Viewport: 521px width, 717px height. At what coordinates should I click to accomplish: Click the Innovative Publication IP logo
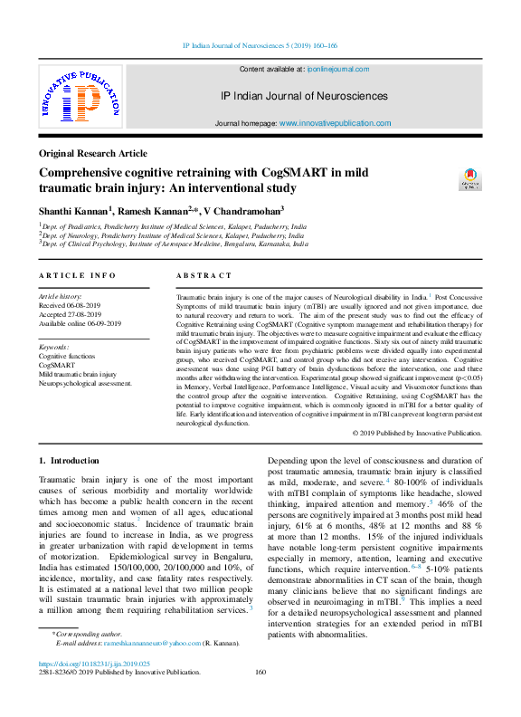coord(80,98)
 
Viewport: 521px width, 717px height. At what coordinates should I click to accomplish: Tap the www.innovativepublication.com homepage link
coord(335,122)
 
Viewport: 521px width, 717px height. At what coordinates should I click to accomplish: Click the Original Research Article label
coord(92,154)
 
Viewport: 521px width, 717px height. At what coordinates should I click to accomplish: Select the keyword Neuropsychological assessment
coord(85,383)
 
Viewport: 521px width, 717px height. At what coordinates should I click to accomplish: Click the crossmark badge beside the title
coord(470,178)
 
